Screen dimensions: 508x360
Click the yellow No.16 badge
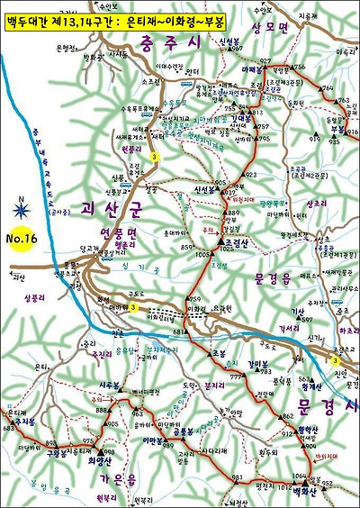point(23,240)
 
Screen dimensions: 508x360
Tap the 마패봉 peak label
point(251,68)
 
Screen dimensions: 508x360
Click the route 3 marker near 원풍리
point(155,158)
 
